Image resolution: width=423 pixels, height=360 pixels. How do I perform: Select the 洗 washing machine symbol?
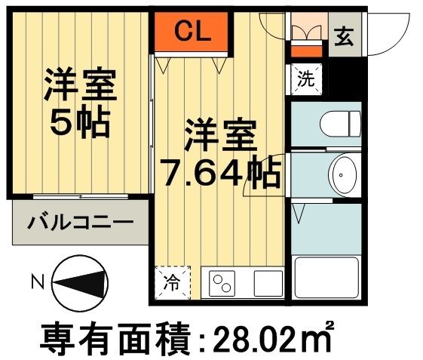(305, 79)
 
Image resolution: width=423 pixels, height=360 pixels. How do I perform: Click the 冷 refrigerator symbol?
(173, 284)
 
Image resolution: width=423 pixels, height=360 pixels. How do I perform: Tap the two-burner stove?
(222, 284)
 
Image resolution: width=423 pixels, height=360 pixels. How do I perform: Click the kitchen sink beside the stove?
(266, 284)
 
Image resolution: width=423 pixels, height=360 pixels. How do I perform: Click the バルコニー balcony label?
(81, 223)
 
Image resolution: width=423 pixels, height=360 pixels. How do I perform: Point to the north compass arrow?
(78, 283)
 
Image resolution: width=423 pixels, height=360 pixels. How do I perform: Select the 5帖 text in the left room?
(80, 122)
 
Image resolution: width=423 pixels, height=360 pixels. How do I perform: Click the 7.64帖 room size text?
(219, 174)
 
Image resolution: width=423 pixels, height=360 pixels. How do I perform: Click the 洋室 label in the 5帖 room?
(80, 84)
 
